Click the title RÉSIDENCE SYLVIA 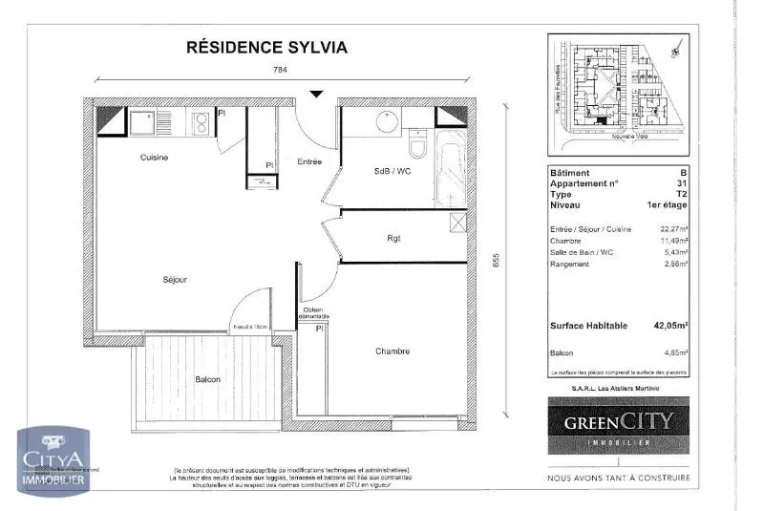[x=265, y=46]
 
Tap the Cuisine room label [x=154, y=158]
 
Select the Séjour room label [x=174, y=280]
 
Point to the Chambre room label [x=392, y=351]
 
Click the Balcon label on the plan [x=208, y=379]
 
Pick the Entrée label [x=308, y=161]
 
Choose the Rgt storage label [x=393, y=238]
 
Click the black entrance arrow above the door [x=317, y=94]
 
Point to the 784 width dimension [x=280, y=70]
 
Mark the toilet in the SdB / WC [x=415, y=147]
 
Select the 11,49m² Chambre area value [x=673, y=242]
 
